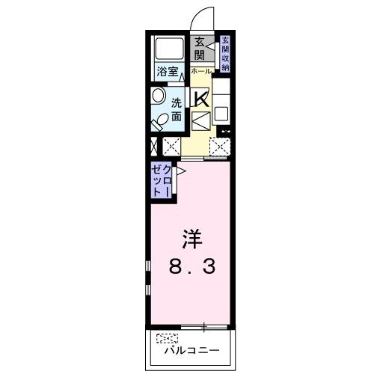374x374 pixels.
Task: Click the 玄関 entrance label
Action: (200, 49)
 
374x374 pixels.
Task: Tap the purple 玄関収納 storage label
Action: (224, 53)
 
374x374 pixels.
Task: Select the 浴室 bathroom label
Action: (168, 72)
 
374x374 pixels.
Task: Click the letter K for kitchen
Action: (200, 97)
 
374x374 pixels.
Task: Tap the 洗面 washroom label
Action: (177, 109)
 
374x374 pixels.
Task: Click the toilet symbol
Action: (159, 120)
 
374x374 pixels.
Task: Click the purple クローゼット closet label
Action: (161, 180)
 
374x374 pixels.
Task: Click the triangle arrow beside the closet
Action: (181, 173)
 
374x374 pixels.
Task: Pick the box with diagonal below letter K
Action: (200, 120)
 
